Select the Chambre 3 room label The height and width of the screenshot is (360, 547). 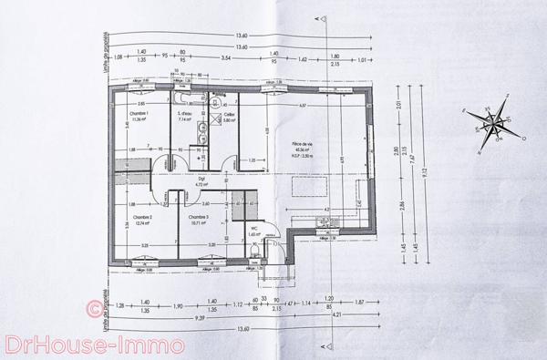[x=199, y=219]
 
